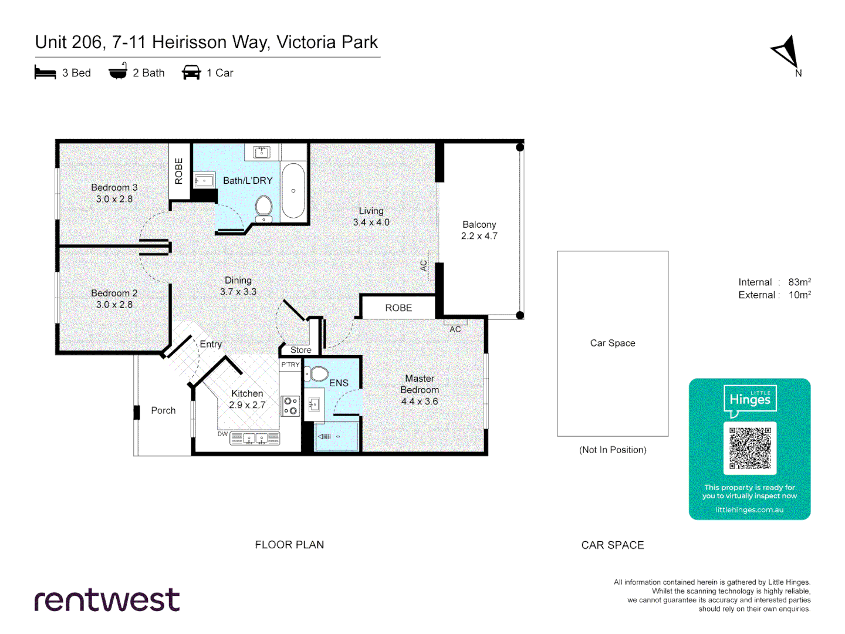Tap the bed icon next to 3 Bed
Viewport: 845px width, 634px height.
(45, 73)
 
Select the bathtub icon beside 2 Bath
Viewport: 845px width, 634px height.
(118, 72)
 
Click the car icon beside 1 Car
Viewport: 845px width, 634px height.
(191, 73)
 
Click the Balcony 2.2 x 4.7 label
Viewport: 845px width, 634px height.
(479, 230)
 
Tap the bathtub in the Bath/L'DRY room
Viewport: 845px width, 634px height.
(293, 191)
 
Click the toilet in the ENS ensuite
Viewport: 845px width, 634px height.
(319, 374)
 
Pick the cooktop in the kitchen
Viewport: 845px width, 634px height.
(290, 406)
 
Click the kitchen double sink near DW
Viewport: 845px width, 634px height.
(255, 439)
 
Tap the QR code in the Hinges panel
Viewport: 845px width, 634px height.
(749, 448)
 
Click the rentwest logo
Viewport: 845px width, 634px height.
(107, 600)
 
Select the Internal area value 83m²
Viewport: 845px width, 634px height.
(799, 282)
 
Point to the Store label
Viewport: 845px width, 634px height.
(300, 350)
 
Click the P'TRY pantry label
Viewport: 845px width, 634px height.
(290, 365)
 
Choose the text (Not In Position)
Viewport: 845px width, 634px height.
(613, 450)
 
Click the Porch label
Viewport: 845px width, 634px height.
(163, 411)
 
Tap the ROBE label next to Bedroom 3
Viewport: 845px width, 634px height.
(179, 171)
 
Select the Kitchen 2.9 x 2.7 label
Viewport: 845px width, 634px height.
(247, 399)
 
